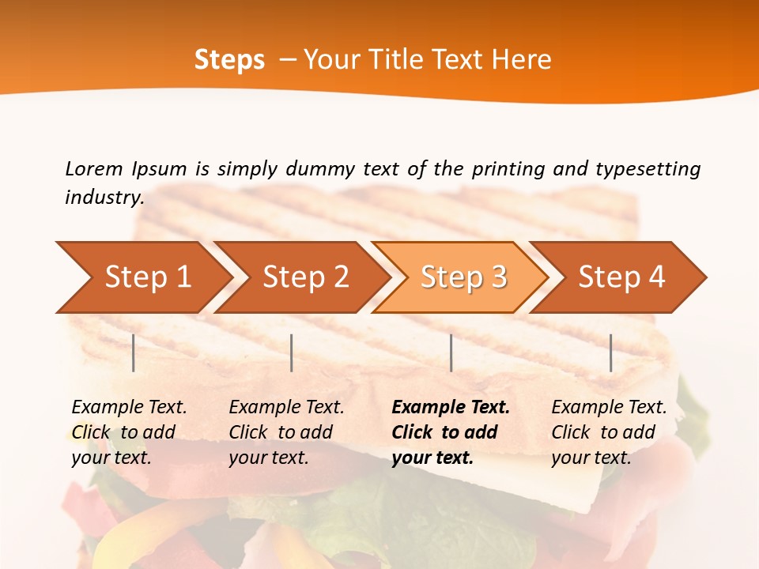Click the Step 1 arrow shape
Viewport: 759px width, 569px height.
(147, 277)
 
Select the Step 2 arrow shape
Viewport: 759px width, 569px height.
(305, 277)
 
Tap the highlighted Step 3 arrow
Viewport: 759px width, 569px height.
(463, 277)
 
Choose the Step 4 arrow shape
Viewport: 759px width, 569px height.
(621, 277)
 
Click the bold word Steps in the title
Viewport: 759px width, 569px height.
(229, 60)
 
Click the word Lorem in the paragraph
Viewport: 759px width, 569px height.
(94, 168)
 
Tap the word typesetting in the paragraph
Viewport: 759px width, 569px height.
(648, 168)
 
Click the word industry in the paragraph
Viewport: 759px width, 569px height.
(104, 198)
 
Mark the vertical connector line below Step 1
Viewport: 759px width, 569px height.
(134, 352)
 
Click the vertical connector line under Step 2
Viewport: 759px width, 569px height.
(292, 352)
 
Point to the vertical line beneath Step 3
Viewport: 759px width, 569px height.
(451, 352)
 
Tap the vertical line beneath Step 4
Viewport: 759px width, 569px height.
(610, 352)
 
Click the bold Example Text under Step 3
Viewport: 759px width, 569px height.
(451, 408)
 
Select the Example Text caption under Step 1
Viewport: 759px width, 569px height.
(129, 408)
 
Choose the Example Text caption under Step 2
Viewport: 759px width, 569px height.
(286, 408)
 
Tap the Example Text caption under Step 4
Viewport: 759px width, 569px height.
(609, 408)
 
